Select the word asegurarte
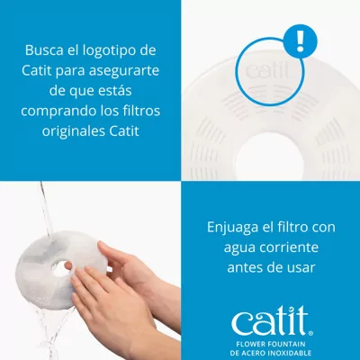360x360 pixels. point(123,71)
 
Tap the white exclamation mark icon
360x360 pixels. point(300,40)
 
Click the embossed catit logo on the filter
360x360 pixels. point(266,71)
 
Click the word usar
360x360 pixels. point(301,267)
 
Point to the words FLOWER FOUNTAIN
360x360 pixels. point(271,344)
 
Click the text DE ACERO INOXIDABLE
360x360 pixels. point(271,353)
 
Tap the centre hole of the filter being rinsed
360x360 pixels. point(60,267)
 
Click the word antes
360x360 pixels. point(242,267)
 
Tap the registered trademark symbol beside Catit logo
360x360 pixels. point(310,332)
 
